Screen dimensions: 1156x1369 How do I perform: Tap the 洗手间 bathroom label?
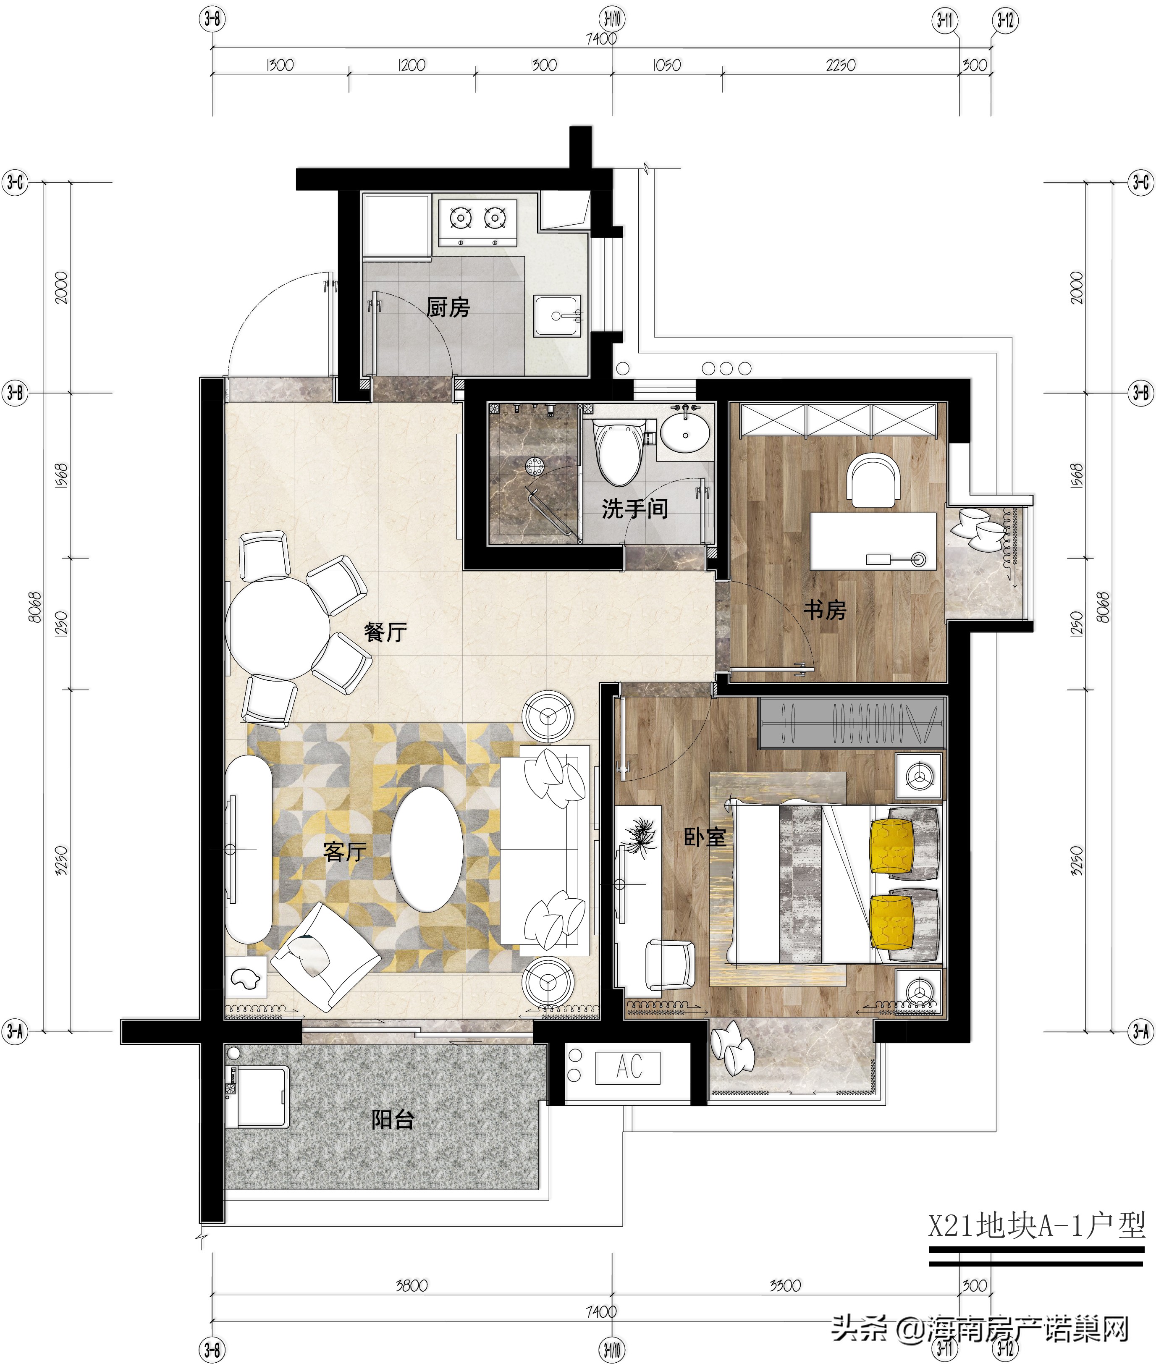click(x=634, y=509)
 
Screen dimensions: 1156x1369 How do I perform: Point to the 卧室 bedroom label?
click(x=705, y=837)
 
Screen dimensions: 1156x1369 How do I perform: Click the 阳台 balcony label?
click(x=393, y=1119)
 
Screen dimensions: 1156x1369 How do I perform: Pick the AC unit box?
click(x=627, y=1067)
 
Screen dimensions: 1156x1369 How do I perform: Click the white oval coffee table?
click(x=427, y=849)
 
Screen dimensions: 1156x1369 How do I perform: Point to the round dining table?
click(x=278, y=627)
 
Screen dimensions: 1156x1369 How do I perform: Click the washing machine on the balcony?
click(x=257, y=1097)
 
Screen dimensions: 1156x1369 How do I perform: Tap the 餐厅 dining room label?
click(x=385, y=632)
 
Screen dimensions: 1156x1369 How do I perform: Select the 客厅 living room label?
click(x=345, y=851)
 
